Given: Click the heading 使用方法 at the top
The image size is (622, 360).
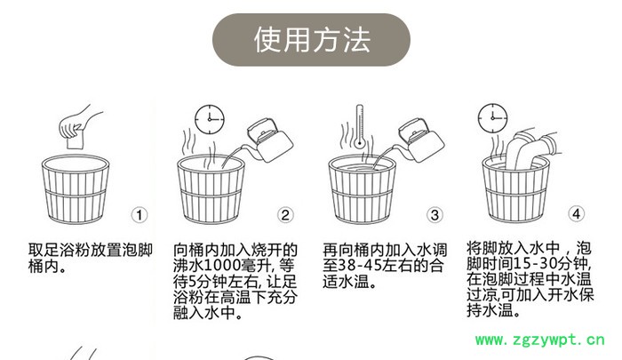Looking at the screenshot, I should tap(311, 40).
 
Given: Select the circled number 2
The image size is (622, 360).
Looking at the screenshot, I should tap(285, 214).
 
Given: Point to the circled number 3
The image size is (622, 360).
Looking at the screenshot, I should tap(435, 214).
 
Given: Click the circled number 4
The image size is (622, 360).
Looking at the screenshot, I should tap(577, 214).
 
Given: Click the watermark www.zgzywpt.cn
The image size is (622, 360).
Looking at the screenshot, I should tap(541, 340).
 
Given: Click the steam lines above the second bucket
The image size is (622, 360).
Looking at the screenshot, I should tap(192, 142).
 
